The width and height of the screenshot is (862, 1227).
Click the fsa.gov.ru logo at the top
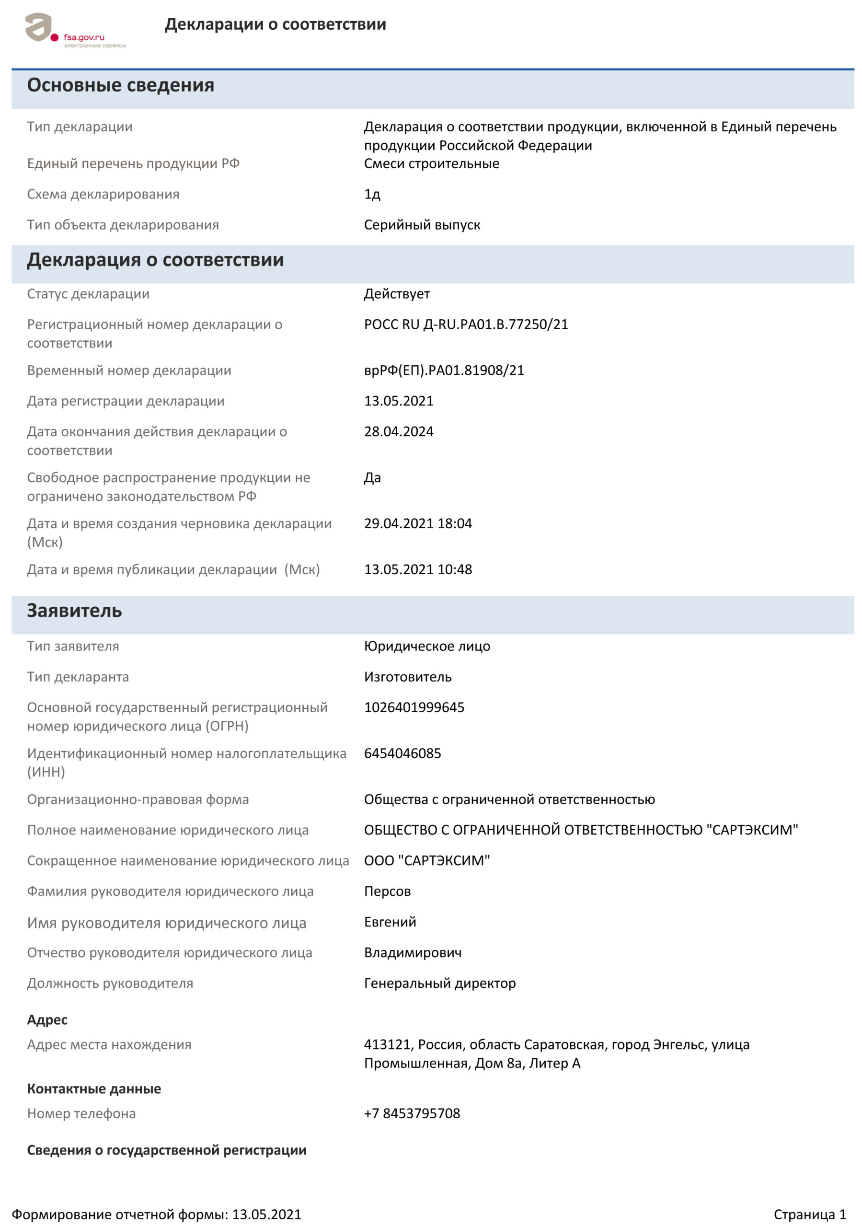point(75,31)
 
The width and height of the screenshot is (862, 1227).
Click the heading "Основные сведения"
point(120,85)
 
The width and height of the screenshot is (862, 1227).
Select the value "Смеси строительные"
point(431,163)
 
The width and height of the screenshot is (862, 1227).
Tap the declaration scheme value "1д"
point(372,194)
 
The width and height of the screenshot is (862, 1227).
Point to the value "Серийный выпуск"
point(422,225)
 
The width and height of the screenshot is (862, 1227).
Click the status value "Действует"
point(397,294)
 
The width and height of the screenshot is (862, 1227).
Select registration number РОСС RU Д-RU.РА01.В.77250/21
point(465,324)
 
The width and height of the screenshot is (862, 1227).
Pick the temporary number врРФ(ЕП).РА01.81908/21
point(444,370)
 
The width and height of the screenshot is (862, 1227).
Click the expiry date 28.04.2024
point(398,432)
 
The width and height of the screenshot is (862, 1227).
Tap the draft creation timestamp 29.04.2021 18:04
point(417,524)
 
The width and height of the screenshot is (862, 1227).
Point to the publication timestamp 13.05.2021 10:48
point(417,570)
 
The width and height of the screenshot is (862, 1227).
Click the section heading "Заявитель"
point(74,611)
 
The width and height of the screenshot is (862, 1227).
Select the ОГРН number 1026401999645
point(414,707)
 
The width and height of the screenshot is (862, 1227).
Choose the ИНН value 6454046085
point(402,753)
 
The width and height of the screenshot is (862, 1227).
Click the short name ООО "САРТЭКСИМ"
point(426,861)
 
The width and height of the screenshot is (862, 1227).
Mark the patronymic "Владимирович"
point(413,953)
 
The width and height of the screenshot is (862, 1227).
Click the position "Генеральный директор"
point(439,984)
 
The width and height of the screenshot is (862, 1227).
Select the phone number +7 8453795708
point(412,1114)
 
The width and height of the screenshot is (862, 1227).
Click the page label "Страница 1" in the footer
point(809,1215)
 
